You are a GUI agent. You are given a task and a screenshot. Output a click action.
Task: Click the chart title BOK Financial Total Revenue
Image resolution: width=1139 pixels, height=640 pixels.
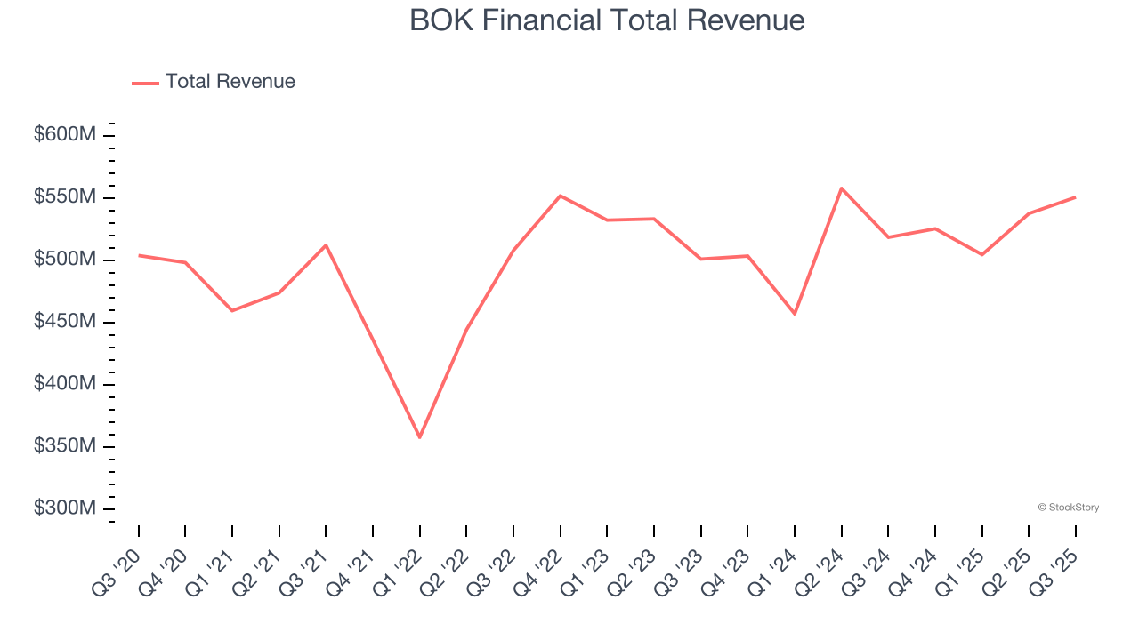607,20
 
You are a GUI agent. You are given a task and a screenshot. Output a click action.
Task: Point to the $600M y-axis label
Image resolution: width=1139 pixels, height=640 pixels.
64,135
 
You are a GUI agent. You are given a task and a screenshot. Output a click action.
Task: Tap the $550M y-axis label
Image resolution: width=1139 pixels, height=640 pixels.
64,197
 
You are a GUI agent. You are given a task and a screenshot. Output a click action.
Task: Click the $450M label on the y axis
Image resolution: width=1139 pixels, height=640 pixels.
64,322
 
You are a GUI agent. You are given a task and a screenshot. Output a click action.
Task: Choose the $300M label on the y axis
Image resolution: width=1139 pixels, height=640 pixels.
64,508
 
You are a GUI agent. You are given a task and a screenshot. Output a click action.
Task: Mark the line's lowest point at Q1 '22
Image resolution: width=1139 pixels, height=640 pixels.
419,437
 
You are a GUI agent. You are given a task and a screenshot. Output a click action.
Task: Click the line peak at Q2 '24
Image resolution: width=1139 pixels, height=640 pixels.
841,188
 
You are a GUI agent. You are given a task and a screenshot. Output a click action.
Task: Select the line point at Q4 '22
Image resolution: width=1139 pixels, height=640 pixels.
560,196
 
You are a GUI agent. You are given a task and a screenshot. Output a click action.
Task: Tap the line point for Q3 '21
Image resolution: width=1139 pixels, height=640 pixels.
326,244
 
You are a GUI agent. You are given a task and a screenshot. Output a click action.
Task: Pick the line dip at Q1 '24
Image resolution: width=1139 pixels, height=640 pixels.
795,314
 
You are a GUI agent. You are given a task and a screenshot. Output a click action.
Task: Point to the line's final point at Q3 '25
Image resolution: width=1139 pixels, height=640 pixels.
1075,197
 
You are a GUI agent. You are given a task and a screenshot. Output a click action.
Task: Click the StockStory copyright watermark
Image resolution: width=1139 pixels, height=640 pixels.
1068,508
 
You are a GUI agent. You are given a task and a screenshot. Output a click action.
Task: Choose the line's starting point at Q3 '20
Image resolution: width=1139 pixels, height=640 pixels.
139,255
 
